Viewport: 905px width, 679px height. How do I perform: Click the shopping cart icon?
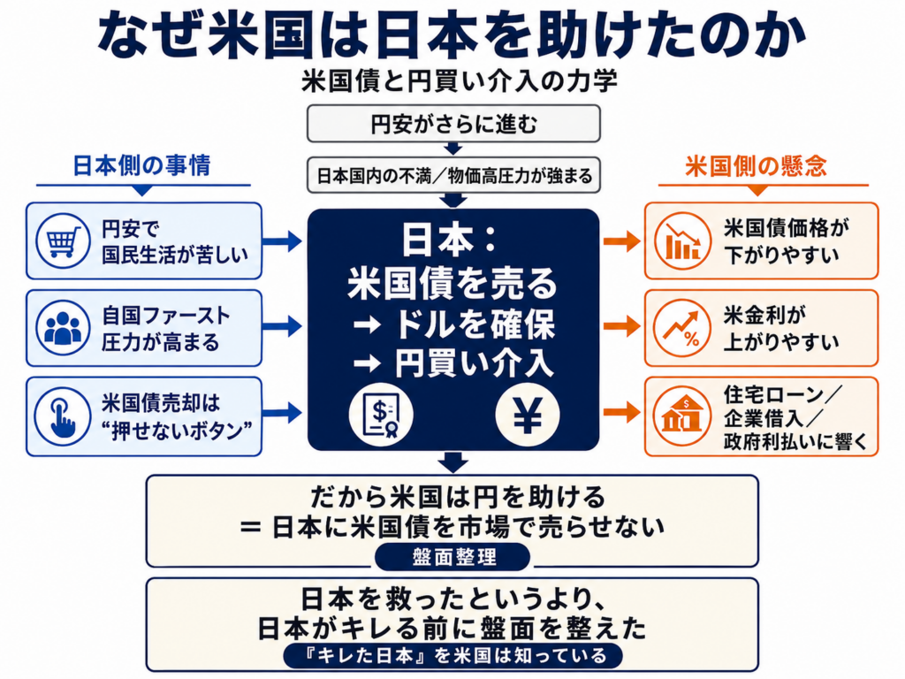tap(63, 240)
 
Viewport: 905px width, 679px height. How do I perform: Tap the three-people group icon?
tap(63, 327)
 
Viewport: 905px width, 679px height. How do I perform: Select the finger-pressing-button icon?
tap(63, 416)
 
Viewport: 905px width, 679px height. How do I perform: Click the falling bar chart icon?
tap(682, 240)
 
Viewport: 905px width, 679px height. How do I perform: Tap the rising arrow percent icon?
tap(682, 327)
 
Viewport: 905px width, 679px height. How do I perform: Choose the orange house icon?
tap(682, 416)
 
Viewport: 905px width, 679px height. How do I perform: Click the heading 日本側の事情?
tap(142, 165)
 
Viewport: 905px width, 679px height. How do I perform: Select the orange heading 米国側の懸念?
tap(757, 166)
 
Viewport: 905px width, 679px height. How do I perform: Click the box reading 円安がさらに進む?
tap(453, 124)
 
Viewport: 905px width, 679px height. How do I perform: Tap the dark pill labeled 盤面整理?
tap(452, 557)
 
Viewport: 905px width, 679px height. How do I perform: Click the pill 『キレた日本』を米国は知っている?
tap(453, 656)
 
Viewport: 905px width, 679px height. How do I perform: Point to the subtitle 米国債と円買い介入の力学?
tap(460, 81)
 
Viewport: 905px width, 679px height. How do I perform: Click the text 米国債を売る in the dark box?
tap(452, 284)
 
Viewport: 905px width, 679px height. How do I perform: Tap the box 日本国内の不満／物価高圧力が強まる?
tap(453, 176)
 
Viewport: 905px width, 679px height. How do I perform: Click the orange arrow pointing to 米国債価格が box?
tap(622, 240)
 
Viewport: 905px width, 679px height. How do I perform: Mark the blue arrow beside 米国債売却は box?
tap(282, 413)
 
